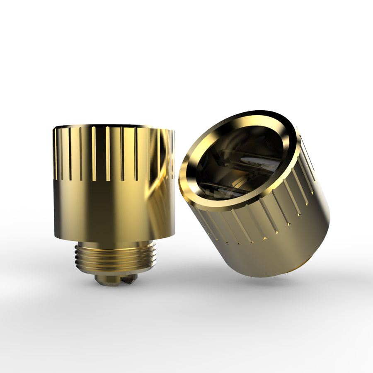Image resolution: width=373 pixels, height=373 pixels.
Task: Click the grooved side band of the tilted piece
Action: pyautogui.click(x=265, y=216)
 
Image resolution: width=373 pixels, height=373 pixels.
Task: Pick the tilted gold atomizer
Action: pyautogui.click(x=257, y=195)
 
